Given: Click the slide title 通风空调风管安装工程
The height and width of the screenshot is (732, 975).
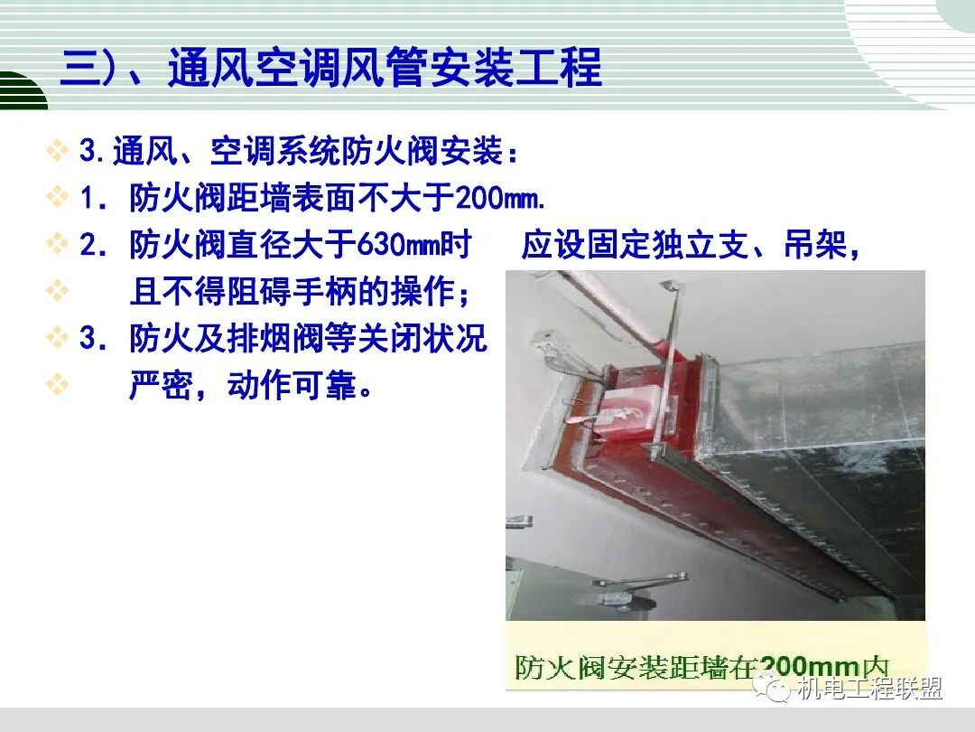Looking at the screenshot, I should tap(384, 69).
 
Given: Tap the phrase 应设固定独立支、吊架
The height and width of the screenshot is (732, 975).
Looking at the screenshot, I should tap(691, 245).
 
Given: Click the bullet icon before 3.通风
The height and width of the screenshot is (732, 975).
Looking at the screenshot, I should tap(58, 151).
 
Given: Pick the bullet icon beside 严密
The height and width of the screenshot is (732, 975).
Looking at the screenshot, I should tap(58, 386).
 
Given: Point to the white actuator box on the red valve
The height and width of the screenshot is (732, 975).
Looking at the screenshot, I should tap(622, 412).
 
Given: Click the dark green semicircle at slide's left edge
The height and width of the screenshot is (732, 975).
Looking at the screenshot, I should tap(20, 93).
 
